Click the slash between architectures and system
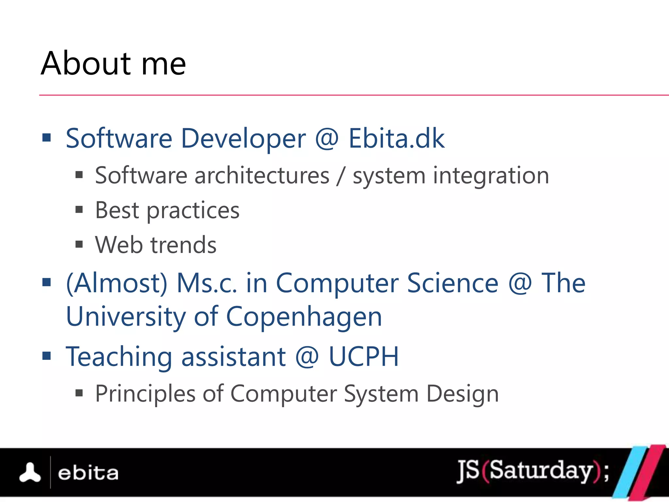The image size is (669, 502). tap(341, 176)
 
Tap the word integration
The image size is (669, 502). tap(491, 176)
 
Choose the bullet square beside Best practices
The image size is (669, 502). tap(79, 209)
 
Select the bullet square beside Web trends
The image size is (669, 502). tap(79, 244)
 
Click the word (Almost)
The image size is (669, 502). tap(117, 283)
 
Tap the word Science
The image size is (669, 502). tap(453, 283)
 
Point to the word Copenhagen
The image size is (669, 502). tap(304, 317)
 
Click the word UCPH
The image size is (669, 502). tap(364, 357)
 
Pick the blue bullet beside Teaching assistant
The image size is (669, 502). tap(47, 356)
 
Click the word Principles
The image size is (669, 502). tap(145, 394)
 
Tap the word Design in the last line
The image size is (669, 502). tap(463, 394)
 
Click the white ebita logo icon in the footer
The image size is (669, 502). tap(30, 473)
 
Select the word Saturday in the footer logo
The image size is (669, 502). tap(541, 470)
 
